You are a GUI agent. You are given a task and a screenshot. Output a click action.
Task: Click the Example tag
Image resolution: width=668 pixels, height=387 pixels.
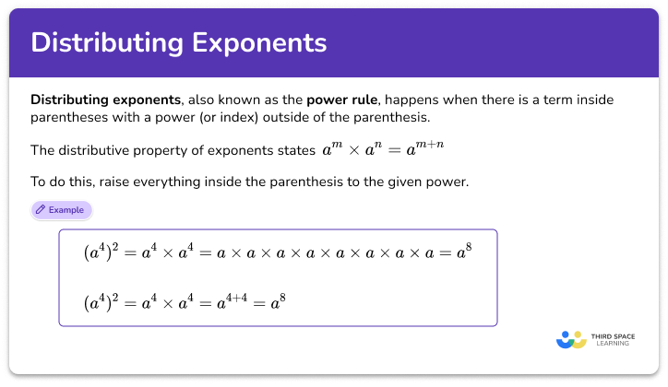click(x=62, y=210)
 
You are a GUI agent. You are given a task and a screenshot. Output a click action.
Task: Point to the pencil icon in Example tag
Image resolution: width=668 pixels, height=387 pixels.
click(x=41, y=210)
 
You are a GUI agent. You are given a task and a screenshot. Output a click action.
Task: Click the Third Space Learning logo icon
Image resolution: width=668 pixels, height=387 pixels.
click(x=571, y=339)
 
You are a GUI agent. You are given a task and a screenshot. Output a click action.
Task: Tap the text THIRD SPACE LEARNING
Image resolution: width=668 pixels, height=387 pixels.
click(x=612, y=339)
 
